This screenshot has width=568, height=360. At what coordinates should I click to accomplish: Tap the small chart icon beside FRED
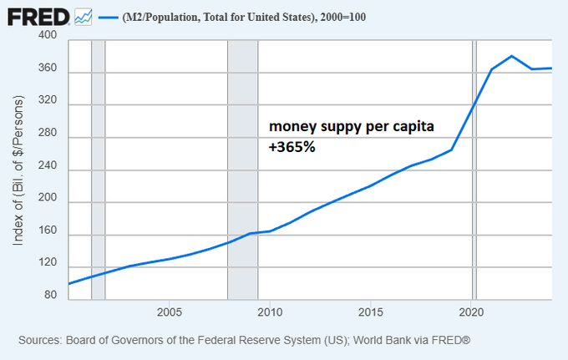(83, 16)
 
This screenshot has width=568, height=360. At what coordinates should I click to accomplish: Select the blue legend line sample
(107, 17)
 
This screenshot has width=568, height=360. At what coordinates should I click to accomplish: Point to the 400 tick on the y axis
(47, 36)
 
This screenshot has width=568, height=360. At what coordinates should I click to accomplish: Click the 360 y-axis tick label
(47, 69)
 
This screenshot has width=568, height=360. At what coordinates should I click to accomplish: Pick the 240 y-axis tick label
(47, 170)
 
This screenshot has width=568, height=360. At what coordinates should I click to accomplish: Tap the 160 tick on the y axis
(47, 235)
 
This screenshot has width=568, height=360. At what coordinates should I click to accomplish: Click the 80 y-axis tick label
(50, 295)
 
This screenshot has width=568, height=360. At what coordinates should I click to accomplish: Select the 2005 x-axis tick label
(170, 312)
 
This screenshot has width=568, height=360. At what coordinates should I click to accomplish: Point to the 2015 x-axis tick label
(371, 312)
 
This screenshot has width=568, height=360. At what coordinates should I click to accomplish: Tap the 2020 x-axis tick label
(472, 312)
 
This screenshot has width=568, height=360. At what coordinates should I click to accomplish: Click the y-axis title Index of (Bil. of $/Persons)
(18, 170)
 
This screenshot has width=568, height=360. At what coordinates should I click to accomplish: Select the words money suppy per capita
(350, 128)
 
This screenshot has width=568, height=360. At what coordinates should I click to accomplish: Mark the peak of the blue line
(511, 56)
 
